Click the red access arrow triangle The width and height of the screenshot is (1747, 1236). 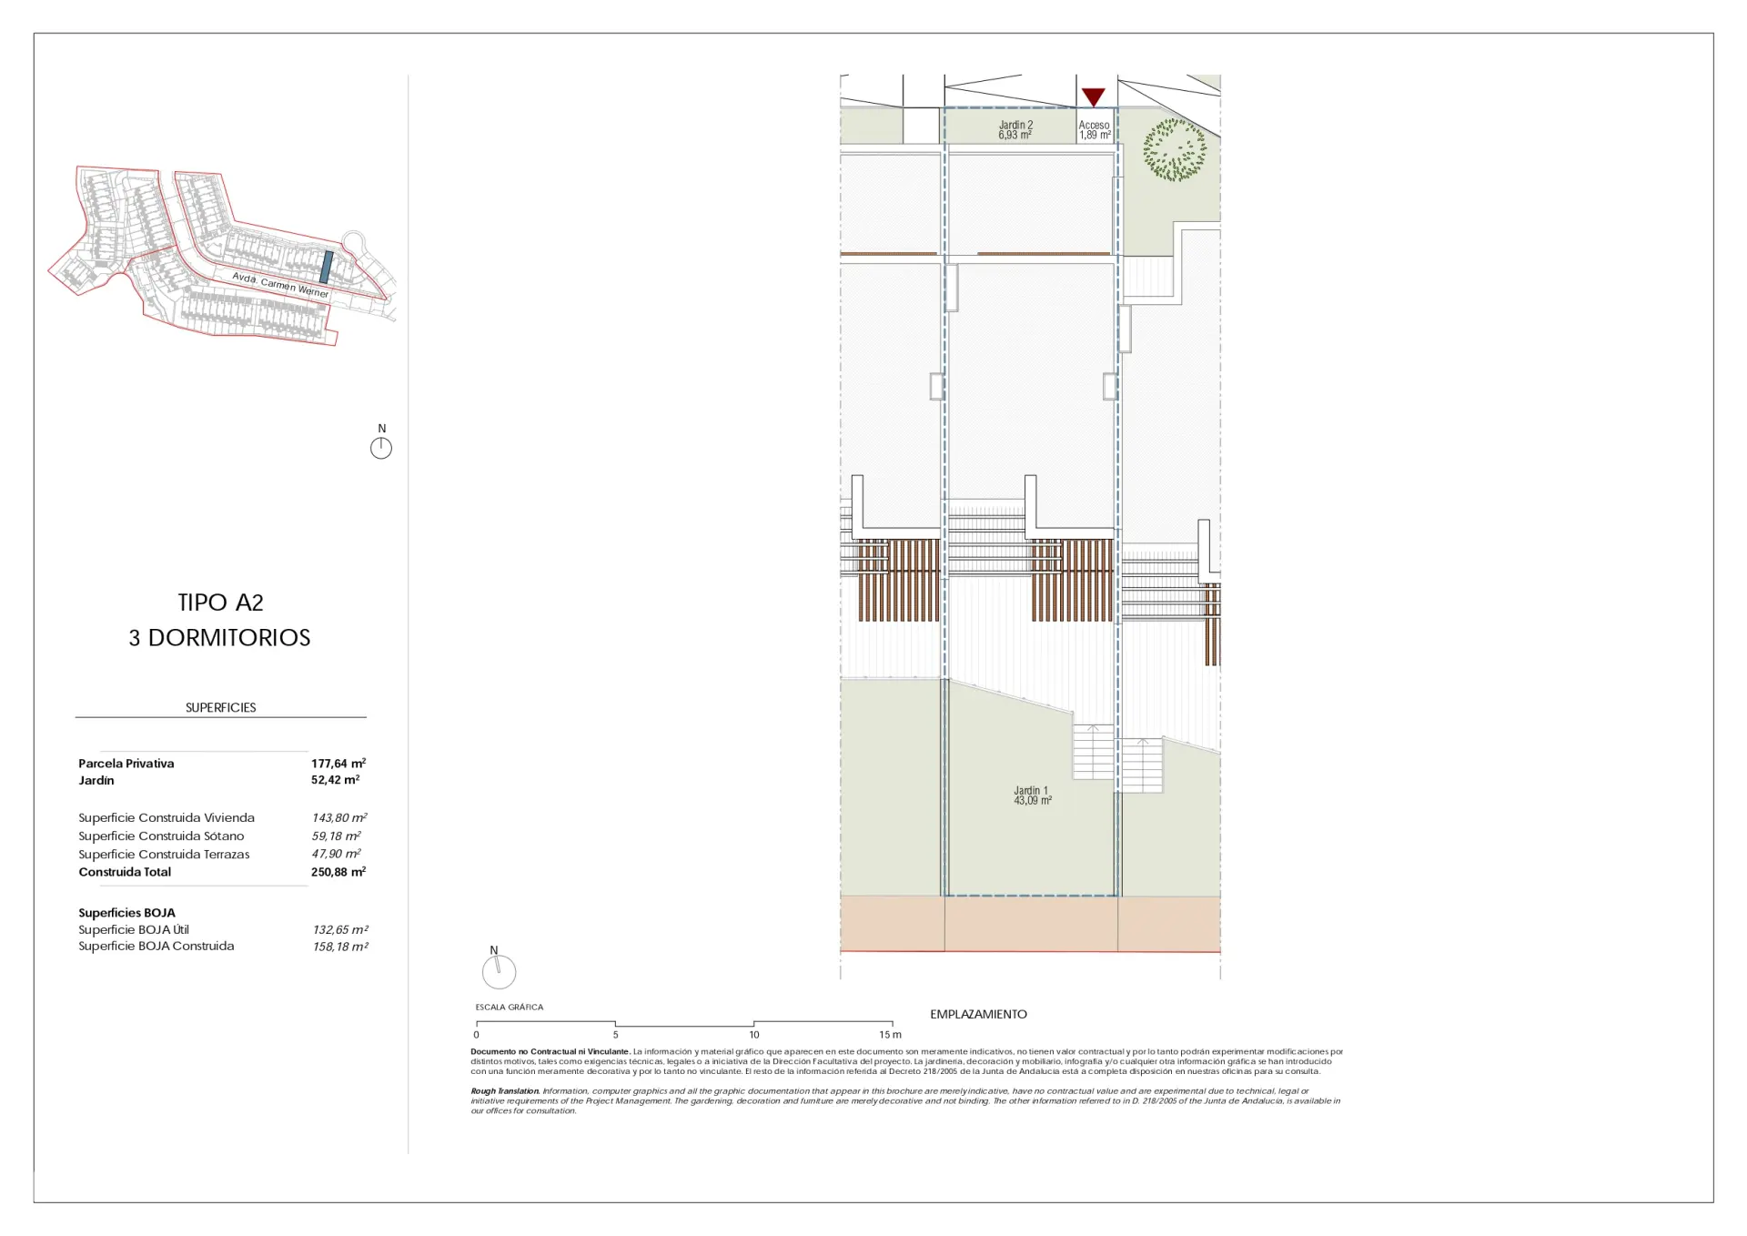[1093, 96]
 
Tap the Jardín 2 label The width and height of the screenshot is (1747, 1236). [1015, 130]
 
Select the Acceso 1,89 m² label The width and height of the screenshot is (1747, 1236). [1095, 130]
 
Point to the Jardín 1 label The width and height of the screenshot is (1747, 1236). [1033, 795]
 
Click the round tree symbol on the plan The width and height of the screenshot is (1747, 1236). [1175, 149]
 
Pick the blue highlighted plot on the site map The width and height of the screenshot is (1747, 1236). [326, 268]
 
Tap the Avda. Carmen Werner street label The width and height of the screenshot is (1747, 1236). [280, 285]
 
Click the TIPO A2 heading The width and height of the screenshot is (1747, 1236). [220, 603]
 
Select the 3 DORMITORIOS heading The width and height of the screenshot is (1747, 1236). [219, 637]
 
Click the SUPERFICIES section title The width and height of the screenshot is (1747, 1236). [221, 707]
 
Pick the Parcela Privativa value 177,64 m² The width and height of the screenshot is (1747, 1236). [338, 763]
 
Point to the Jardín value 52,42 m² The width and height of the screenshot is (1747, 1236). [335, 779]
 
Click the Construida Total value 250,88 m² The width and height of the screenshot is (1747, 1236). [338, 871]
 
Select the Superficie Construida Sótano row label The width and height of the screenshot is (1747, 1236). [161, 836]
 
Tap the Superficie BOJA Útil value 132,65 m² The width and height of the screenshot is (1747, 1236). [340, 929]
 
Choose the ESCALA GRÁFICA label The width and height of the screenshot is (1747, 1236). [510, 1007]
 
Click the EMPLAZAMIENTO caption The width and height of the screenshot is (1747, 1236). [978, 1014]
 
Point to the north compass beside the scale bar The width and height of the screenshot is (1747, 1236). [499, 970]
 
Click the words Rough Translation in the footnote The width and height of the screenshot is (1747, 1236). [505, 1090]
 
